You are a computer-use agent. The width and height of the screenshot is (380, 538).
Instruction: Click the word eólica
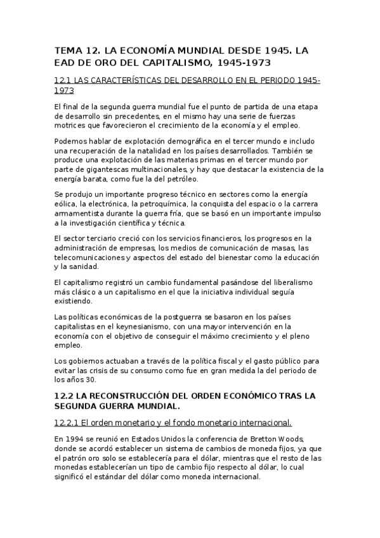66,204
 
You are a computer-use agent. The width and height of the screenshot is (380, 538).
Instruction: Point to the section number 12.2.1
71,423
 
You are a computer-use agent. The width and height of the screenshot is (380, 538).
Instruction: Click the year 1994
75,438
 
